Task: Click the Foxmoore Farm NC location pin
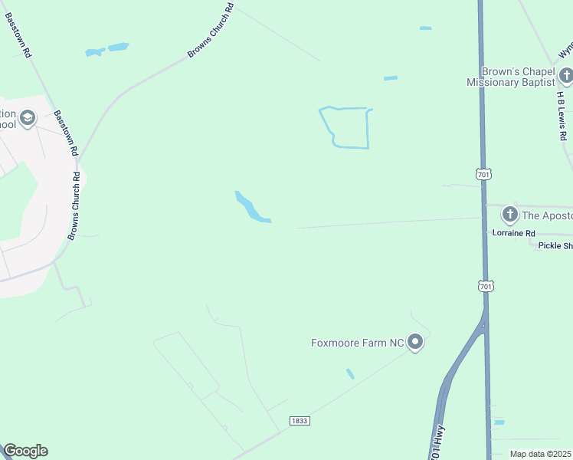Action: pyautogui.click(x=415, y=343)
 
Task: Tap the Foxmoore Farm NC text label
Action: pyautogui.click(x=357, y=343)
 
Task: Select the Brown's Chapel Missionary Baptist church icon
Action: pyautogui.click(x=565, y=75)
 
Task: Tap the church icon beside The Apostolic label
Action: pyautogui.click(x=509, y=214)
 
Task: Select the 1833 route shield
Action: pyautogui.click(x=300, y=421)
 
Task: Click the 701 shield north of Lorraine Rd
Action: pyautogui.click(x=483, y=175)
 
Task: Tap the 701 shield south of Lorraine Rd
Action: pyautogui.click(x=486, y=286)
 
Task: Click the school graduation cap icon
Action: pyautogui.click(x=28, y=118)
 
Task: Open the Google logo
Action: pyautogui.click(x=25, y=451)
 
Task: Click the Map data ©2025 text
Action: pyautogui.click(x=540, y=454)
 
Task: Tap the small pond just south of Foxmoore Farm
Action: pyautogui.click(x=350, y=374)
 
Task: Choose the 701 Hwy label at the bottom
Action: pyautogui.click(x=435, y=443)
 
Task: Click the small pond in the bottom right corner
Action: pyautogui.click(x=499, y=422)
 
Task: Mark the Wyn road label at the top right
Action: pyautogui.click(x=565, y=51)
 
